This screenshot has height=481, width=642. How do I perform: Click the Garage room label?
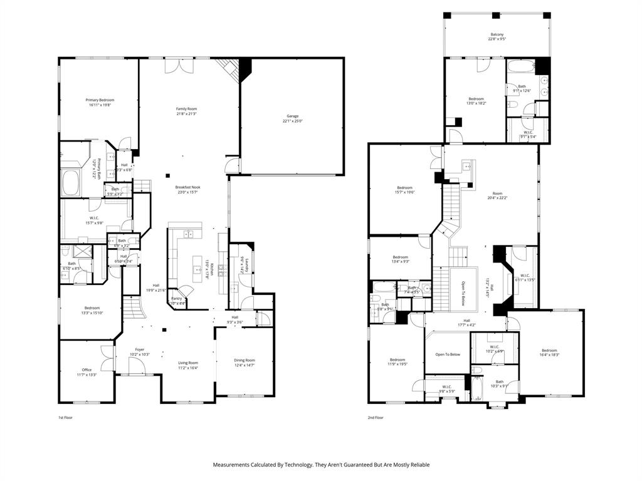[x=292, y=116]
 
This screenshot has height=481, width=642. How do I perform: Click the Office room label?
[x=87, y=370]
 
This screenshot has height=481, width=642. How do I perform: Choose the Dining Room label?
[x=245, y=360]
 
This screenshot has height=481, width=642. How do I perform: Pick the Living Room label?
[x=188, y=363]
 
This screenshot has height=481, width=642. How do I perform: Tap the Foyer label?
[x=139, y=349]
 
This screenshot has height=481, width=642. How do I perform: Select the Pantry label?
[x=176, y=299]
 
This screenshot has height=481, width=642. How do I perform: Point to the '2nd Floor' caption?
[x=376, y=417]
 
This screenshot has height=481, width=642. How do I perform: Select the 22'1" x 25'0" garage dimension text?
[x=292, y=121]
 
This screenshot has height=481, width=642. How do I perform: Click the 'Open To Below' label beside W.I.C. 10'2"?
[x=448, y=354]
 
